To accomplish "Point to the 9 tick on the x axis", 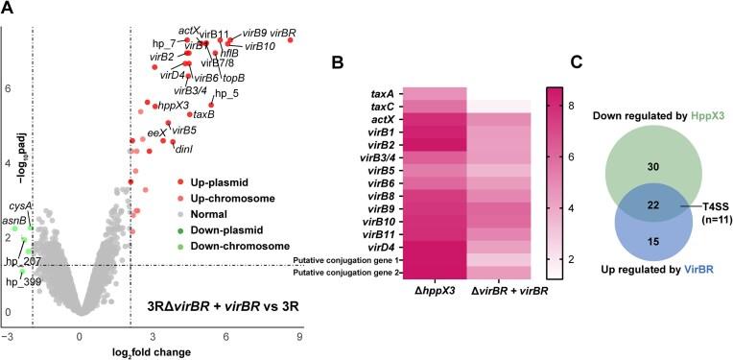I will pyautogui.click(x=300, y=337).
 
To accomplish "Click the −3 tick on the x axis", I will pyautogui.click(x=9, y=337).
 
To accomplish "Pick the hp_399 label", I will pyautogui.click(x=22, y=281).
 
